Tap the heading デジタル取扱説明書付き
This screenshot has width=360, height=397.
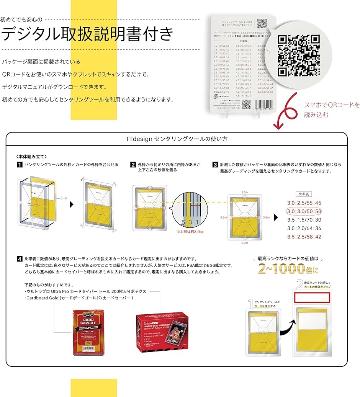coord(87,34)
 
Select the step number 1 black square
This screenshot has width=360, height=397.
coord(19,165)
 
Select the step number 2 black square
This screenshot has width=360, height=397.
coord(133,165)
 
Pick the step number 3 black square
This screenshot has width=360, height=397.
coord(215,165)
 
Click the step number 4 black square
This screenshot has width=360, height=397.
coord(19,259)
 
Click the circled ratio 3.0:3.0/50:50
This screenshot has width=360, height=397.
coord(304,211)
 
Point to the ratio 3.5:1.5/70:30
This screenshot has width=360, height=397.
coord(304,220)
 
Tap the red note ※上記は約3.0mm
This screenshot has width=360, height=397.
coord(190,232)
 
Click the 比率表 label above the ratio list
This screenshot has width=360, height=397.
coord(304,194)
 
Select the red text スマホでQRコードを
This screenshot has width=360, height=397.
coord(332,105)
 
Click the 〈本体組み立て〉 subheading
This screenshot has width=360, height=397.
coord(31,157)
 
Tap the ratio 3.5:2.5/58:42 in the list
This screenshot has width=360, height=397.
coord(304,237)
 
